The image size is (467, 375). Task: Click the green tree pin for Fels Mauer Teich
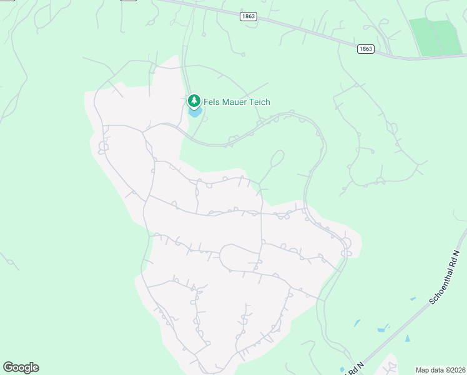coord(194,101)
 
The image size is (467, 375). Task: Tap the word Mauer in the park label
coord(235,102)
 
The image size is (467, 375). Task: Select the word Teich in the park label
coord(260,102)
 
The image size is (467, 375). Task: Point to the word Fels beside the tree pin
coord(212,102)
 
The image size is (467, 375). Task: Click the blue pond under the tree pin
coord(195,113)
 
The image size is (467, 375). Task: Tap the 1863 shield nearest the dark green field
coord(366,49)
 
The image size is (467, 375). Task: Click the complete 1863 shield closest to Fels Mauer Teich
coord(248,17)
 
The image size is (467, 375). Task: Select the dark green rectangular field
coord(435,36)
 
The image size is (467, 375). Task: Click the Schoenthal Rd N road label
coord(445,275)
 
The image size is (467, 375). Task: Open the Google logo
coord(21,367)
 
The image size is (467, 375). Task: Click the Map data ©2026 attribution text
coord(441,370)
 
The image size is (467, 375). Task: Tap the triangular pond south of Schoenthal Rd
coord(408,338)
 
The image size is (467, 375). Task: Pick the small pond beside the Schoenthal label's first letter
coord(412,299)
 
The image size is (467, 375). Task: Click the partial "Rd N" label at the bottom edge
coord(351,369)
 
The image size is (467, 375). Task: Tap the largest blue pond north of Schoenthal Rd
coord(381,329)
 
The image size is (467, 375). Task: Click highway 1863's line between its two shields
coord(306,32)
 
